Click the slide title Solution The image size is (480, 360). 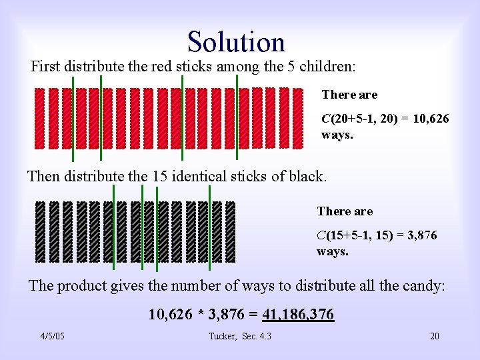236,41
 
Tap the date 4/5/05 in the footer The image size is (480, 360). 52,336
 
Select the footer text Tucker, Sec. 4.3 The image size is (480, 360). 240,336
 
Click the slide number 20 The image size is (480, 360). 434,336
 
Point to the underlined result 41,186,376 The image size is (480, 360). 299,314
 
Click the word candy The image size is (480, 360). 425,285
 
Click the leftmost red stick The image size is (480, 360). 39,119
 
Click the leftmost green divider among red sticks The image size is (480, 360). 73,119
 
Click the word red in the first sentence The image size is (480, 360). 164,67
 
